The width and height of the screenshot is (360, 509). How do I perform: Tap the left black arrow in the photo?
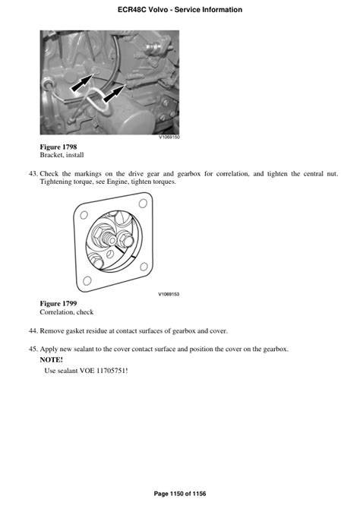tap(83, 84)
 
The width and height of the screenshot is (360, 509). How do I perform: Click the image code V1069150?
tap(169, 137)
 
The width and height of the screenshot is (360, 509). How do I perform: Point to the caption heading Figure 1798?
tap(58, 147)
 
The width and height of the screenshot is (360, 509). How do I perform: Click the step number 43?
tap(33, 174)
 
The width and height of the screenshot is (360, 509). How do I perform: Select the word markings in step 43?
tap(88, 174)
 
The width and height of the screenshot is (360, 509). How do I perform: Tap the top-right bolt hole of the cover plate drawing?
tap(143, 204)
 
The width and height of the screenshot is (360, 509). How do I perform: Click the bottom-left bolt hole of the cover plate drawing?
tap(87, 280)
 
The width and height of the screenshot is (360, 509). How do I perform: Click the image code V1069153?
tap(169, 294)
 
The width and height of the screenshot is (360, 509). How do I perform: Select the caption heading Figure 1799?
tap(58, 304)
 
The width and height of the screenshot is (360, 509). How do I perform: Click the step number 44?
tap(33, 331)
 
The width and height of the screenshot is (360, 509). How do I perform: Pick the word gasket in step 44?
tap(74, 331)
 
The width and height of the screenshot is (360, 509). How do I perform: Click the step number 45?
tap(33, 349)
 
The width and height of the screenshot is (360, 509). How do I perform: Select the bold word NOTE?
tap(52, 359)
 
